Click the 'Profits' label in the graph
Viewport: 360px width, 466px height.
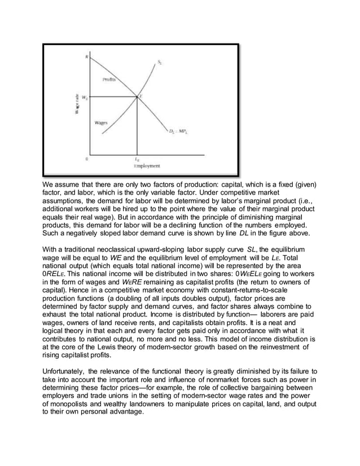tap(109, 80)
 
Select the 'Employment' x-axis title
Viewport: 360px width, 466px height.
tap(147, 166)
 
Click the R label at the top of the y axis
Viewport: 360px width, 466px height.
tap(87, 55)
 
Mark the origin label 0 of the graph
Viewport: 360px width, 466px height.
tap(86, 159)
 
